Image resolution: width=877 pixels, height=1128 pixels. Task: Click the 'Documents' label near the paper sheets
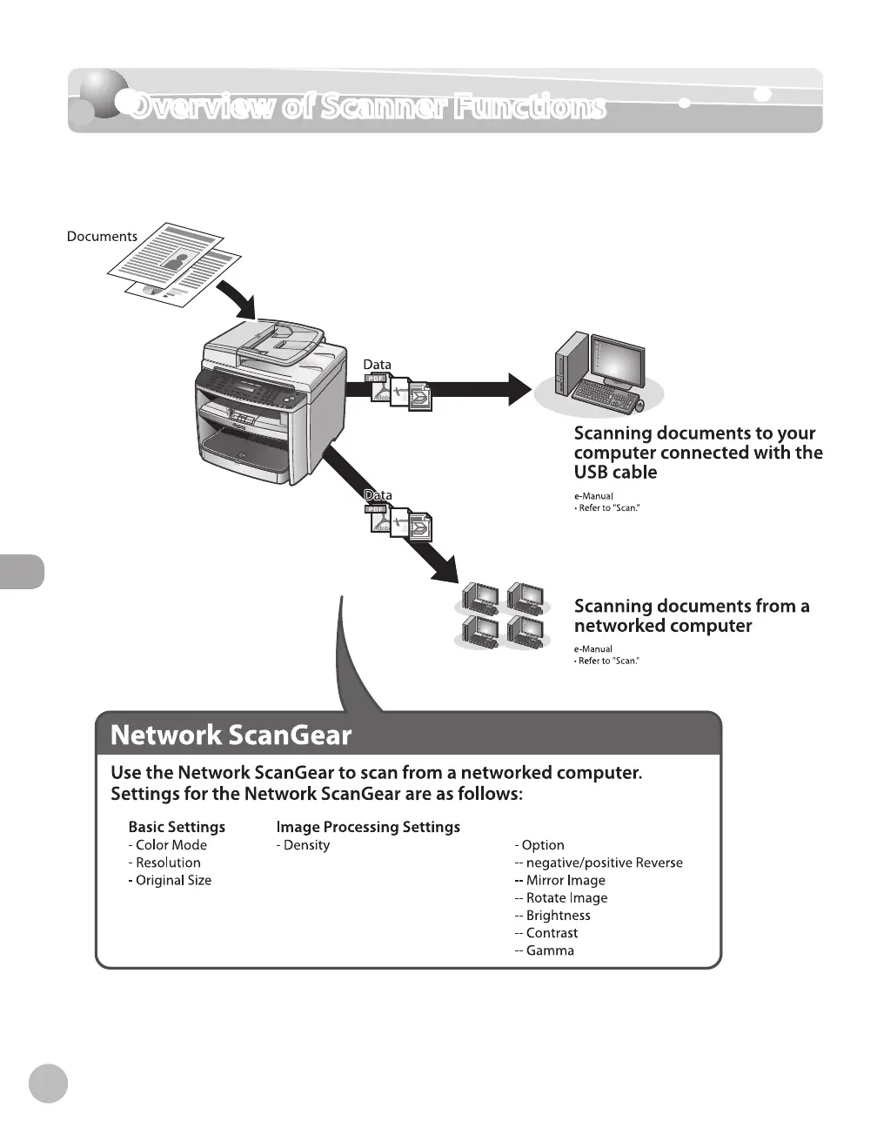click(x=102, y=237)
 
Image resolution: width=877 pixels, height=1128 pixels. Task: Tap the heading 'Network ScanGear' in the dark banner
click(x=231, y=735)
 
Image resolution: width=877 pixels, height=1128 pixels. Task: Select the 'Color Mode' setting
click(x=171, y=845)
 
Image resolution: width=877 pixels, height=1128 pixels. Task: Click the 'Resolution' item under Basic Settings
click(x=168, y=863)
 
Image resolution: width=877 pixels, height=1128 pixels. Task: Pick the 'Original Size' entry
click(x=173, y=880)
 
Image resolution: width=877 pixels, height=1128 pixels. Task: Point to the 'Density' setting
click(x=306, y=845)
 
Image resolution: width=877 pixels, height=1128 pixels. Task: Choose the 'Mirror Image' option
click(x=565, y=880)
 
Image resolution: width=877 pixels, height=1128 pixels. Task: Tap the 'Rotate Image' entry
click(x=566, y=898)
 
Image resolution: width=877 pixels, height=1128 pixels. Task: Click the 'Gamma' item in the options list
click(x=550, y=950)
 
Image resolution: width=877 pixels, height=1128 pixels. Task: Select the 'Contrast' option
click(x=552, y=933)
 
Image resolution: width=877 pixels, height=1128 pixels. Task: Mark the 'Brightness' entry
click(x=558, y=916)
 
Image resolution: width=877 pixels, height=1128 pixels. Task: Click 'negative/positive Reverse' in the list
click(x=604, y=863)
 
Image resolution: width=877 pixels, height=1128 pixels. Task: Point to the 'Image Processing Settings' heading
click(x=368, y=827)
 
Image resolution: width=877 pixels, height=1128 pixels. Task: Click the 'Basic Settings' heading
click(x=177, y=827)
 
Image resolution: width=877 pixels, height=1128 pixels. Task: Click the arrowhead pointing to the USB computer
click(x=519, y=389)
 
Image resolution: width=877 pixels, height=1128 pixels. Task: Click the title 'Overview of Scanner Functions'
click(x=366, y=107)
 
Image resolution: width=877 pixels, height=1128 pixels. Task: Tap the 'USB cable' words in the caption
click(x=615, y=473)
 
